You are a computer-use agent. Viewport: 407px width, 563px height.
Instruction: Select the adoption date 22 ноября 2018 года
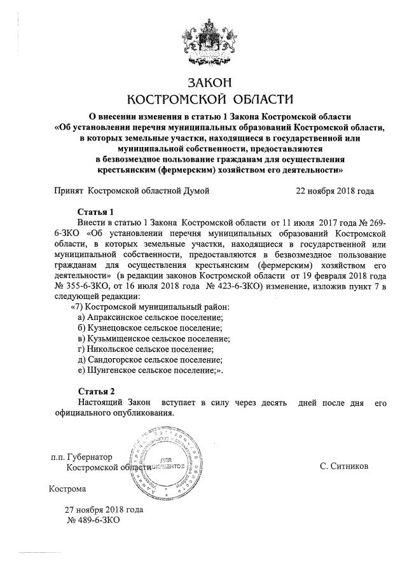335,190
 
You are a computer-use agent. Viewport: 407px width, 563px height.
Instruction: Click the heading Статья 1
95,211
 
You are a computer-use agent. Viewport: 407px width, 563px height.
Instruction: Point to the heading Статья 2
95,391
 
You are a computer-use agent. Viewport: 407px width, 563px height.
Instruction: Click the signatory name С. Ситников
345,466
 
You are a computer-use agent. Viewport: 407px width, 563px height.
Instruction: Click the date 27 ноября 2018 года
104,509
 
